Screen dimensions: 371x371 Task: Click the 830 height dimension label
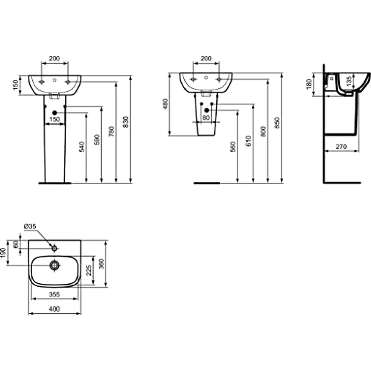pyautogui.click(x=126, y=122)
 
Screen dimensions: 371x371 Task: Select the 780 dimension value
pyautogui.click(x=111, y=131)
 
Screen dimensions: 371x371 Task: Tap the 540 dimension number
pyautogui.click(x=81, y=147)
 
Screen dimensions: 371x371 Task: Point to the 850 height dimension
pyautogui.click(x=277, y=123)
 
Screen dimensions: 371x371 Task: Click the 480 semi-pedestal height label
pyautogui.click(x=165, y=104)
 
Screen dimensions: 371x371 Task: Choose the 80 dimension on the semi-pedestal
pyautogui.click(x=206, y=117)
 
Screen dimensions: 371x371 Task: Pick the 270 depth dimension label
pyautogui.click(x=341, y=147)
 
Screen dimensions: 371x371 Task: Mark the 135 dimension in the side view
pyautogui.click(x=349, y=81)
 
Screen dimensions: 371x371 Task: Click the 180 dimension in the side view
pyautogui.click(x=309, y=84)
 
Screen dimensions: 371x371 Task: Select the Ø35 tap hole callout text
pyautogui.click(x=30, y=226)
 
